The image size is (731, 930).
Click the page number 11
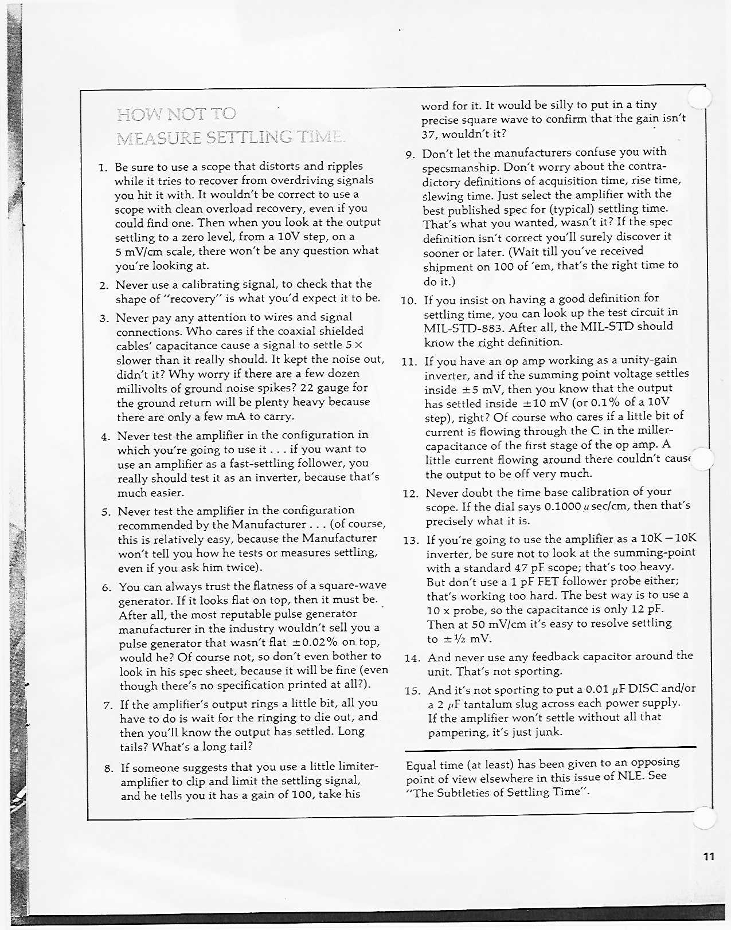coord(709,857)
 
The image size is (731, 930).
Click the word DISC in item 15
coord(649,689)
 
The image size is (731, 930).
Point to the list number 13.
coord(411,540)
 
